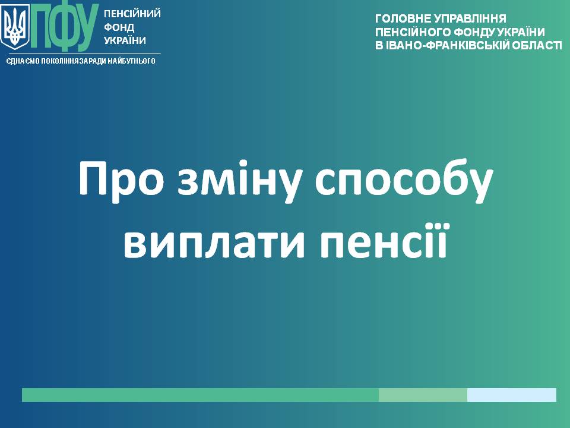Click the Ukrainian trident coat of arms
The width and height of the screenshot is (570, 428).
point(15,27)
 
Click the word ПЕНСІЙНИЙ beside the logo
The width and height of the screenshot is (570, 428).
point(132,14)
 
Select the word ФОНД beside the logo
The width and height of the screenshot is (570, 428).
point(119,27)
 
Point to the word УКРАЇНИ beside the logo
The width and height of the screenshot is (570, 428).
point(125,40)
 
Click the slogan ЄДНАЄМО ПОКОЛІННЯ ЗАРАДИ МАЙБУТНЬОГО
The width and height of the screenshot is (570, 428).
point(81,61)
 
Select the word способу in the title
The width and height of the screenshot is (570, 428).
point(404,180)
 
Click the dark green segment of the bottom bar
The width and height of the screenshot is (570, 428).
point(200,395)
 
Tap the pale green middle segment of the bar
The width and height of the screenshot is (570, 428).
point(423,395)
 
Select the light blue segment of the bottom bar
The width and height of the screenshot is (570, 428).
point(511,395)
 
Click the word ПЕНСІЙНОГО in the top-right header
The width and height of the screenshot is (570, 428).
point(413,32)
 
